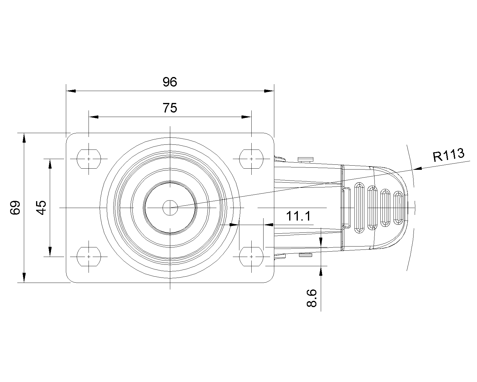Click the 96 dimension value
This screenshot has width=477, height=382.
tap(170, 82)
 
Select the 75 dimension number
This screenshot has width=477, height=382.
tap(170, 108)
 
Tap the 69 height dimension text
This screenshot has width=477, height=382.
tap(15, 208)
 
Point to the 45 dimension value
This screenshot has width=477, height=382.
tap(41, 208)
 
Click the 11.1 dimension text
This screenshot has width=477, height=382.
tap(298, 216)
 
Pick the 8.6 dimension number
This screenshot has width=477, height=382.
tap(312, 298)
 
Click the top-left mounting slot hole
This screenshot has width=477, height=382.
tap(89, 159)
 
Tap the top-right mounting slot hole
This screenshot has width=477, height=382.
tap(251, 159)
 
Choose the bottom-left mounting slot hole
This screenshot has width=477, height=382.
tap(89, 257)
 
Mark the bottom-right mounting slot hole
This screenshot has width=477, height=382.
tap(251, 257)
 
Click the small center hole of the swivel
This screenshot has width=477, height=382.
tap(170, 208)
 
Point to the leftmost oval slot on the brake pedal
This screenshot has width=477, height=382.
tap(359, 208)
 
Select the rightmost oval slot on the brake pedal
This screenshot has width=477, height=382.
tap(398, 208)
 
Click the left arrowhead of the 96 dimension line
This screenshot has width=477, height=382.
tap(71, 91)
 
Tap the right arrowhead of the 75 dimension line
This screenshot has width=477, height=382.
tap(247, 117)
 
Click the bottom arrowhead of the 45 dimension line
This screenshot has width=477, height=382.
tap(50, 252)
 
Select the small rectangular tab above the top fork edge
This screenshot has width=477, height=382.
tap(306, 159)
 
